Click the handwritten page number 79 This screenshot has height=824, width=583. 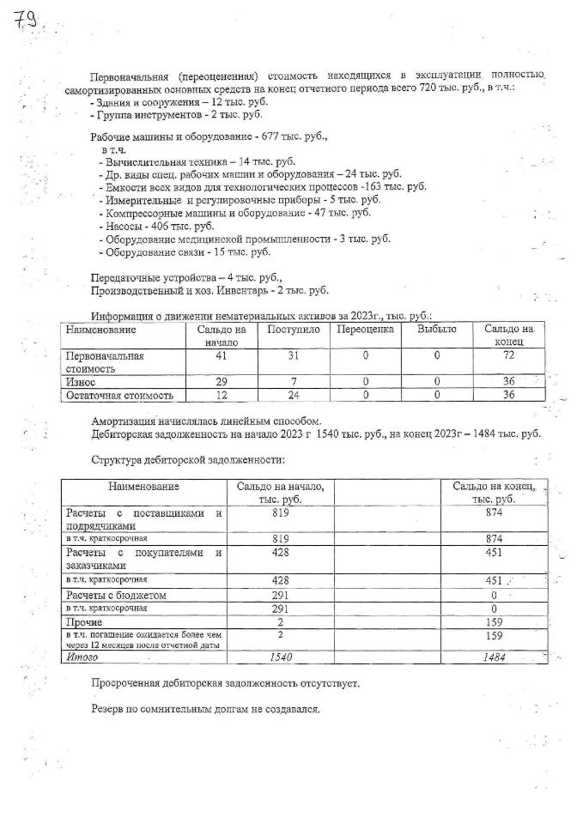[26, 21]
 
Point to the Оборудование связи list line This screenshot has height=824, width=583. [185, 252]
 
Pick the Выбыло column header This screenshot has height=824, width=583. [436, 330]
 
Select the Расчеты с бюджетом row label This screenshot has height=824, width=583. [116, 595]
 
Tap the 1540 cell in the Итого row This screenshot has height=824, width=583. [281, 657]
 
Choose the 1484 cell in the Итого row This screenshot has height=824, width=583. [492, 657]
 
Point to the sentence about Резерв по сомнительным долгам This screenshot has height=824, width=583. [205, 710]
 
